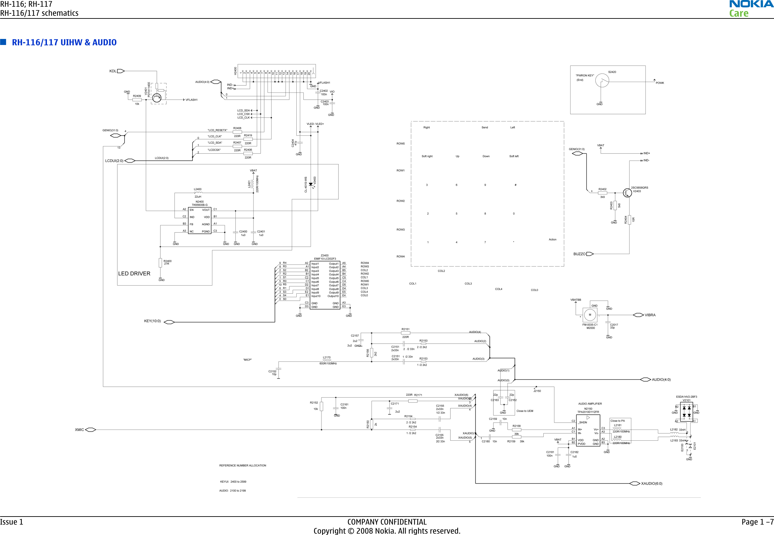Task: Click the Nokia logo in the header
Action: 751,4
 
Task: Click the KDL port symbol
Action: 121,71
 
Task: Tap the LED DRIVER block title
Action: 134,274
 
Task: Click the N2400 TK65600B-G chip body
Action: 199,221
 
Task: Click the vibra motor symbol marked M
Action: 590,315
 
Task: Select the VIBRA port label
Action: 650,315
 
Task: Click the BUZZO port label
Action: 579,254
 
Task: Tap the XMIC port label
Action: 79,430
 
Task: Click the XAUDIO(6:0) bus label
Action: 651,484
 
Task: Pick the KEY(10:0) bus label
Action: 153,321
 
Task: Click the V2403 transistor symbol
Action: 627,193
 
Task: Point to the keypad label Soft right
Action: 427,156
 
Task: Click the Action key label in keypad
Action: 552,240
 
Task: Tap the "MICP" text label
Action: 247,360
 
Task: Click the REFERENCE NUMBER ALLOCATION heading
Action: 242,466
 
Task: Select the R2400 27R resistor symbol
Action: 160,262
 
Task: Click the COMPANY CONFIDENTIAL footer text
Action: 386,522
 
